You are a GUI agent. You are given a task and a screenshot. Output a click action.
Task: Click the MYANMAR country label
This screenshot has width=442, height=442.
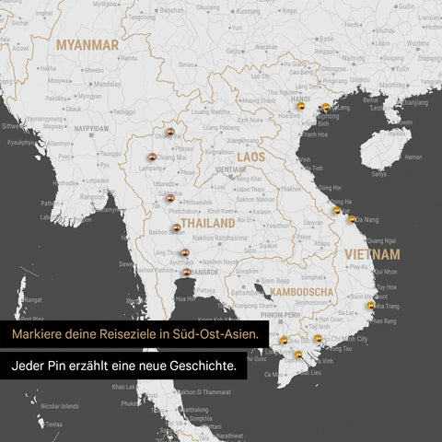(x=87, y=44)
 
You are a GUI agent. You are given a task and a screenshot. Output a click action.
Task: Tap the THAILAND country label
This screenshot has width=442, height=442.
(x=208, y=224)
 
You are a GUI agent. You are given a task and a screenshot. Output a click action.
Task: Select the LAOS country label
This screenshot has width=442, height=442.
(x=250, y=157)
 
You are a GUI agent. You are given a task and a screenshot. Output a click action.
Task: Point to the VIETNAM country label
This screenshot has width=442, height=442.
(x=372, y=253)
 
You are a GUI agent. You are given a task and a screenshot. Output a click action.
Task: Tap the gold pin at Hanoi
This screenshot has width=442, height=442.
(x=299, y=109)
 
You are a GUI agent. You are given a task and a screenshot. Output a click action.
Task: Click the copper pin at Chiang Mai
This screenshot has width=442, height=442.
(x=151, y=157)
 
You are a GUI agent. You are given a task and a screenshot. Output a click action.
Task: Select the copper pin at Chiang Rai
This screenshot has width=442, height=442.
(x=170, y=134)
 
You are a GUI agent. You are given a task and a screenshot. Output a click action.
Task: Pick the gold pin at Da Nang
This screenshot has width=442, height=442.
(x=351, y=219)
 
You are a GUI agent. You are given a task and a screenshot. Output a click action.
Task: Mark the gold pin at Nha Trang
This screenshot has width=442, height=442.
(x=371, y=305)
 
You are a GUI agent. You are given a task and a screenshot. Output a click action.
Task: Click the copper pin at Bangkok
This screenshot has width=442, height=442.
(x=187, y=272)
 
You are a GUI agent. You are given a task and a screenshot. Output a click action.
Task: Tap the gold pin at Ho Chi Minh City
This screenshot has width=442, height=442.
(x=318, y=339)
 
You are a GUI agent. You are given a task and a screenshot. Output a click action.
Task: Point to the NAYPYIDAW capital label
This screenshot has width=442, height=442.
(x=91, y=128)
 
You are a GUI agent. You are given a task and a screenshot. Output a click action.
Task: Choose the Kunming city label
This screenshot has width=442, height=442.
(x=247, y=12)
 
